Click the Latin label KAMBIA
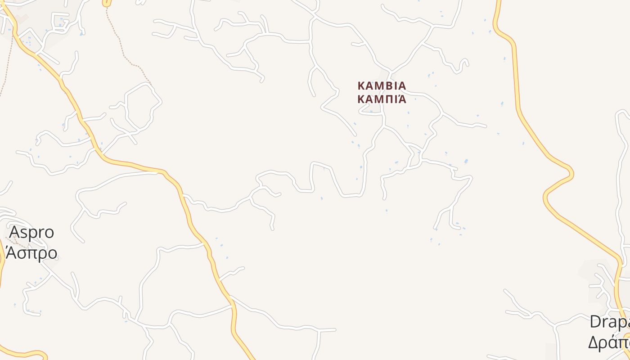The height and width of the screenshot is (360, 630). pos(382,85)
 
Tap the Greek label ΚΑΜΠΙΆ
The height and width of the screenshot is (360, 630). pos(382,99)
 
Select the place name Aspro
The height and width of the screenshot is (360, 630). pos(31,232)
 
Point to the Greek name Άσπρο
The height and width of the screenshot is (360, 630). pos(31,253)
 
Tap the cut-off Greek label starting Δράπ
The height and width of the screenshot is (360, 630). pos(608,342)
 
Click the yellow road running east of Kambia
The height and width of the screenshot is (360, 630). pos(517,90)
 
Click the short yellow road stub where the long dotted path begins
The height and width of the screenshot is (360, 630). pos(107,3)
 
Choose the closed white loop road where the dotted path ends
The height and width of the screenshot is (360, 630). pos(143,108)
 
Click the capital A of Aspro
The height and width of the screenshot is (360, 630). pos(15,232)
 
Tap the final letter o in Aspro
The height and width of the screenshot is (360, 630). pos(49,233)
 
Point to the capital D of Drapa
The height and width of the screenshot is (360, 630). pos(595,322)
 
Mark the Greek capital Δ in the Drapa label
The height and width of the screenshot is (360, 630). pos(594,342)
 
